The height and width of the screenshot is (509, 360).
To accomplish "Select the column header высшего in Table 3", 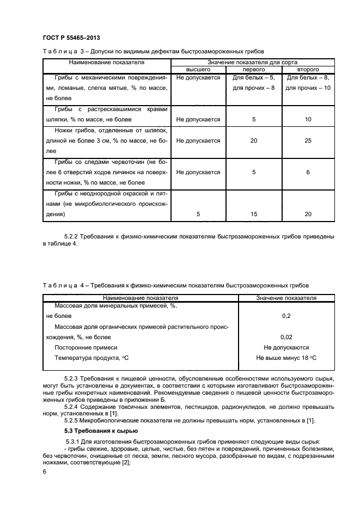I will [x=198, y=70].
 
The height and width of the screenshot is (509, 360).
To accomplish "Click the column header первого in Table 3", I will [x=253, y=70].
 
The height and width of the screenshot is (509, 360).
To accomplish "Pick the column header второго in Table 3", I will [x=308, y=70].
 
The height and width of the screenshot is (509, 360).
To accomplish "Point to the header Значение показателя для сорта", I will [x=253, y=63].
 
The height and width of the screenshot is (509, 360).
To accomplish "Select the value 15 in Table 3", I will [x=254, y=214].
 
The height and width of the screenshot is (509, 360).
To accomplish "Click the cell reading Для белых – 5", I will [x=254, y=78].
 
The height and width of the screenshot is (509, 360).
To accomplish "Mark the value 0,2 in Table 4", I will [x=286, y=316].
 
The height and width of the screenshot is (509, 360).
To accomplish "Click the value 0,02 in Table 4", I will [x=286, y=337].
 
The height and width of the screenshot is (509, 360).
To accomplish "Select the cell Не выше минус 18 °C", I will [x=286, y=358].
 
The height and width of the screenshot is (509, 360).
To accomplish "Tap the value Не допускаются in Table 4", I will [x=286, y=347].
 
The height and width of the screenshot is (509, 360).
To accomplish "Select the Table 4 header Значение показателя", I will [x=286, y=298].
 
